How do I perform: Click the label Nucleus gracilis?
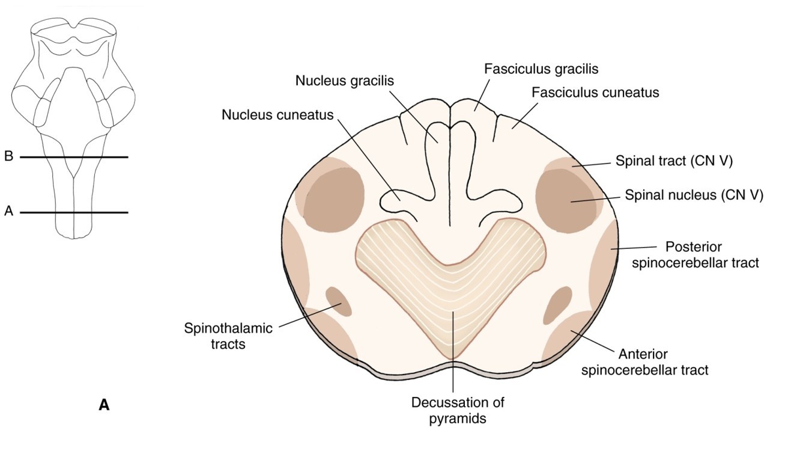(x=344, y=81)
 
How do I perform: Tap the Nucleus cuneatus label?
(x=277, y=114)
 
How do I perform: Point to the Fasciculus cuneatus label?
(x=595, y=93)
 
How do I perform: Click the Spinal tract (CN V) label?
(x=674, y=161)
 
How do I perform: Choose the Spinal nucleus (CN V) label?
(x=694, y=195)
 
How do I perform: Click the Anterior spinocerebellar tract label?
(x=644, y=361)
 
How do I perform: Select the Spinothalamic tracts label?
(x=228, y=336)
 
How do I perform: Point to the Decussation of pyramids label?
(x=457, y=410)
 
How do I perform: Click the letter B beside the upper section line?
(x=8, y=156)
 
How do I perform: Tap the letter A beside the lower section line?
(x=8, y=211)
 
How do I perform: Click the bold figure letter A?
(x=104, y=405)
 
